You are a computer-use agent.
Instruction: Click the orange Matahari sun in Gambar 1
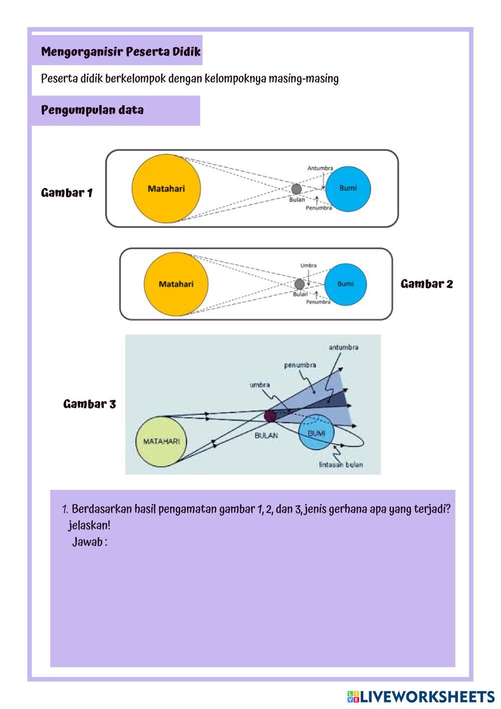(x=166, y=189)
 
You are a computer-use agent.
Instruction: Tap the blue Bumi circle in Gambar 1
(x=348, y=189)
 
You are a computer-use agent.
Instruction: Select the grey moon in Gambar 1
(x=297, y=189)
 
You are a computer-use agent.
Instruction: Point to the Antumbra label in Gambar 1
(x=320, y=168)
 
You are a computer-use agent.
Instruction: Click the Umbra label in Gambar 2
(x=309, y=265)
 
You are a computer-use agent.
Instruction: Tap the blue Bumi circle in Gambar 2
(x=345, y=284)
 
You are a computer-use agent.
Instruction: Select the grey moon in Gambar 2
(x=300, y=284)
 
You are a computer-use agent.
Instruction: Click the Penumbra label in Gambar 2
(x=319, y=302)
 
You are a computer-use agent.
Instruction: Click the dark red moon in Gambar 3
(x=270, y=416)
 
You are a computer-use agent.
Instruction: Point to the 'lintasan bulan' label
(x=341, y=465)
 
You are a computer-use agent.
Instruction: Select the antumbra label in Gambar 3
(x=344, y=347)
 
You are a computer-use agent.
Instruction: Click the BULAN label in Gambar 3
(x=266, y=435)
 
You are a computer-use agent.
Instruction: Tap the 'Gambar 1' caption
(x=67, y=193)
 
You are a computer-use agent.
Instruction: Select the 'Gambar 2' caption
(x=426, y=284)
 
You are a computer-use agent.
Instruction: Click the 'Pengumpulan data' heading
(x=92, y=110)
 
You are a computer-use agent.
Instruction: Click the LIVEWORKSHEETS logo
(x=421, y=696)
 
